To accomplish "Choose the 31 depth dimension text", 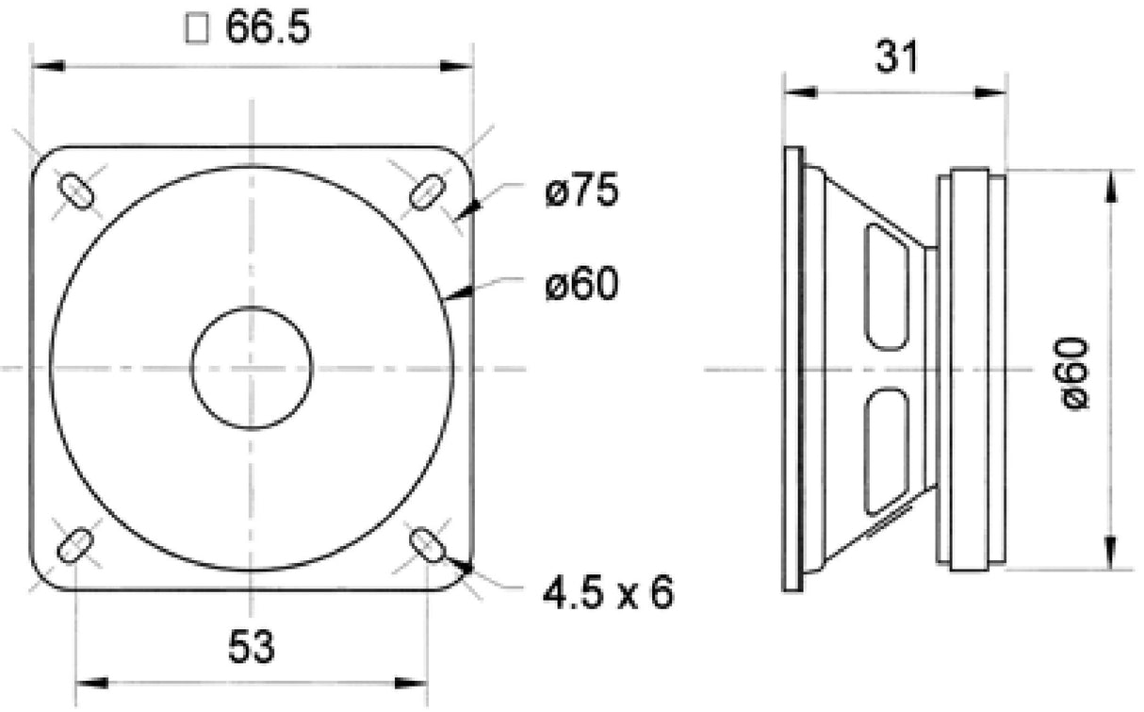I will click(x=895, y=58).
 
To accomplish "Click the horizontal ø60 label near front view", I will click(x=580, y=284).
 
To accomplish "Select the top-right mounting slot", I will click(x=426, y=190).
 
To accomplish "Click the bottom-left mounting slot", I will click(x=75, y=545).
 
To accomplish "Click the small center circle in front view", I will click(x=251, y=368).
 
